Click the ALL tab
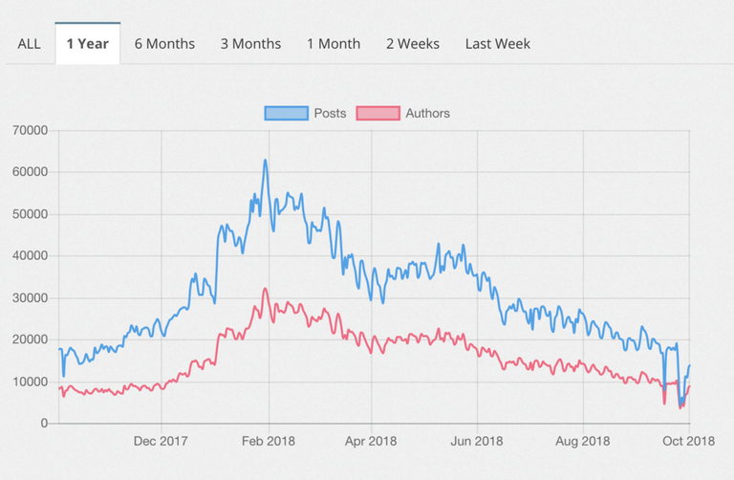(x=29, y=43)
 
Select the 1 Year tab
(x=87, y=43)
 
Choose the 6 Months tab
(x=164, y=43)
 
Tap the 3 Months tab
(x=250, y=43)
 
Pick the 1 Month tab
(x=334, y=43)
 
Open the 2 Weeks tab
(x=413, y=43)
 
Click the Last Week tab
(x=498, y=43)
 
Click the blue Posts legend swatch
(x=286, y=113)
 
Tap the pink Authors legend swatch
(x=378, y=113)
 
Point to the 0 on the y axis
(x=44, y=424)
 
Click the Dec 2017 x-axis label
(x=162, y=441)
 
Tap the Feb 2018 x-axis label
(x=269, y=441)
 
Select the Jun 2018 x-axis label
(x=476, y=441)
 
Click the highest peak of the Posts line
(x=266, y=161)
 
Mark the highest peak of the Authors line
(x=266, y=289)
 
